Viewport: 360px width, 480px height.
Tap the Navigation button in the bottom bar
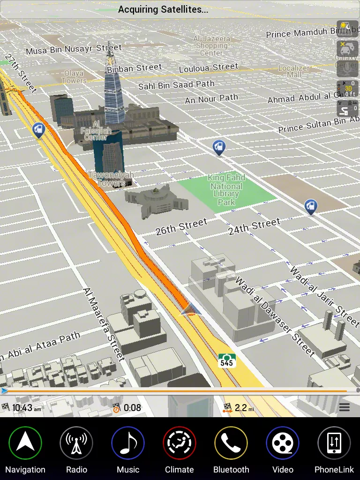click(25, 443)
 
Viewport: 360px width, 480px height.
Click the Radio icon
click(76, 443)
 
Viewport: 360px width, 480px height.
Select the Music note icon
click(128, 443)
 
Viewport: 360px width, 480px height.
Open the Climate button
click(180, 443)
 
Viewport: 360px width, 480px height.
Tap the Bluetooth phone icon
click(231, 443)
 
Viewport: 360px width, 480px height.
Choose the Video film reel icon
click(283, 443)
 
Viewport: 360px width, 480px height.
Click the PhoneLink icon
click(334, 443)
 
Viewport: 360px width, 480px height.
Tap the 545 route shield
click(227, 360)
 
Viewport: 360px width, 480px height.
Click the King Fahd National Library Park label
click(227, 190)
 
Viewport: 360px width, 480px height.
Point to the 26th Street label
click(181, 227)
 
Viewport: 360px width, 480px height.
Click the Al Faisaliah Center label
click(96, 130)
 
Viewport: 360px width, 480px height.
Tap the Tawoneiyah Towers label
click(112, 179)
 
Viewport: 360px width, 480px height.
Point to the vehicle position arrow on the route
click(190, 309)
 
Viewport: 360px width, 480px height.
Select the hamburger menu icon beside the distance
click(345, 407)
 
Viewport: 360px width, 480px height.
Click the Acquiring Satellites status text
click(163, 9)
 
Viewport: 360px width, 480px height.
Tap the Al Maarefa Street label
click(105, 324)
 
